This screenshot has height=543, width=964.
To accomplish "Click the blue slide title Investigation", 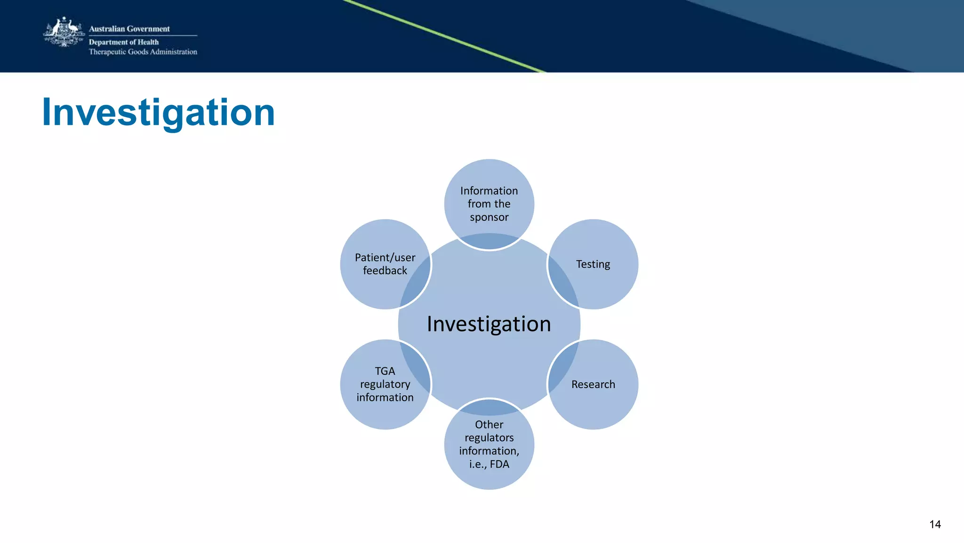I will pos(158,113).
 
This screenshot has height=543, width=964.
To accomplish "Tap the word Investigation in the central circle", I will pos(489,324).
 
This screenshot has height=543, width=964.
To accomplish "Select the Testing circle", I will pos(593,264).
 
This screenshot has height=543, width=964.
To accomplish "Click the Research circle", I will pos(593,384).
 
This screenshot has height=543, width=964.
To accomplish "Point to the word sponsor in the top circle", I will pos(489,217).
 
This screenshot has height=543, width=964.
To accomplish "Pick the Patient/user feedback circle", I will pos(385,264).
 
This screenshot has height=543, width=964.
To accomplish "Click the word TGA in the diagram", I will pos(385,371).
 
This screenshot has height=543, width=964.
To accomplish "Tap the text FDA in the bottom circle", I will pos(499,464).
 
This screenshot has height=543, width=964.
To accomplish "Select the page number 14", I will pos(935,525).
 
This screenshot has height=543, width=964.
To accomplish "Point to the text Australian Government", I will pos(129,29).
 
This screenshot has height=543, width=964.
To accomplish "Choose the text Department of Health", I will pos(124,42).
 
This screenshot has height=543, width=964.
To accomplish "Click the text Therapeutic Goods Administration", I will pos(143,52).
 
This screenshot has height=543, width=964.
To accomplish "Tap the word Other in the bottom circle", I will pos(489,424).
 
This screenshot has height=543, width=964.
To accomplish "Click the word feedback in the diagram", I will pos(385,271).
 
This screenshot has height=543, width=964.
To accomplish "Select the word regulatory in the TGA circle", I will pos(385,384).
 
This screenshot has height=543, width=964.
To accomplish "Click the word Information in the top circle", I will pos(489,191).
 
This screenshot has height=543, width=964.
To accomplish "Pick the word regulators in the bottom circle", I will pos(489,438).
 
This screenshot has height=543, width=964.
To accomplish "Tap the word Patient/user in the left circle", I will pos(385,258).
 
